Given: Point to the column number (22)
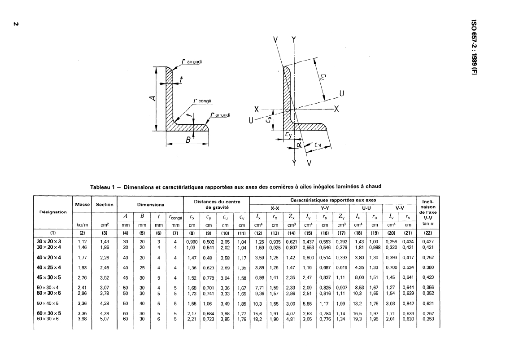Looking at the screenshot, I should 427,233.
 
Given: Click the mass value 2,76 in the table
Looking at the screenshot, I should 83,277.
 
